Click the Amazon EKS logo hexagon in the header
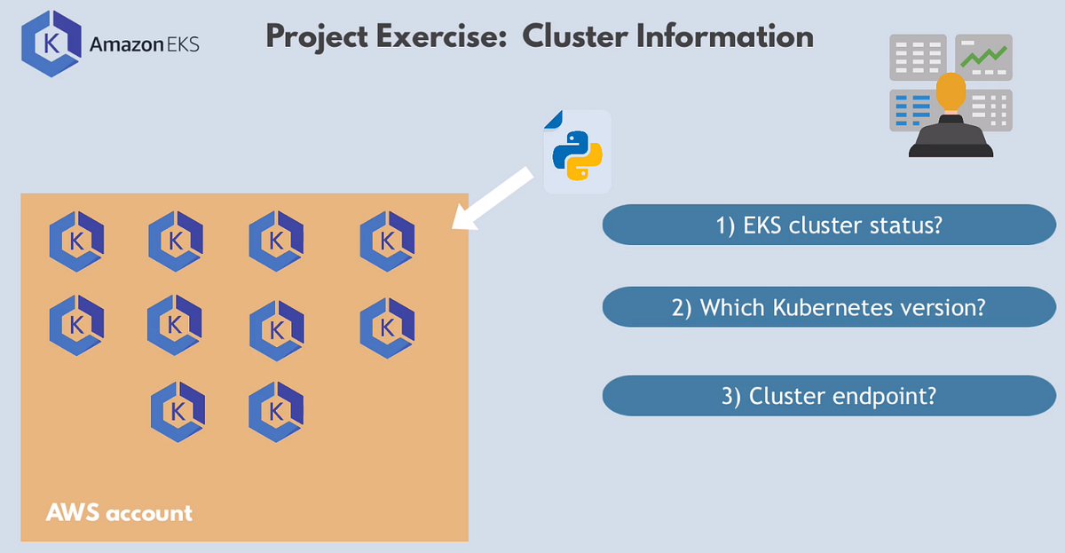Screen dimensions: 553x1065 [x=50, y=43]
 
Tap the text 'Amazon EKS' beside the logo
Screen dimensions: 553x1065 [x=145, y=43]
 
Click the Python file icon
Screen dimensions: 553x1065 [x=577, y=151]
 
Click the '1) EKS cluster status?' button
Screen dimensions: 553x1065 [x=828, y=225]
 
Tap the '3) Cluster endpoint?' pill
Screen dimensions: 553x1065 [x=828, y=396]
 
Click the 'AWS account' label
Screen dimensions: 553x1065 [x=119, y=513]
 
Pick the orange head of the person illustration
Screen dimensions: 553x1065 [x=951, y=92]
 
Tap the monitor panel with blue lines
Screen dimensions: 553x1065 [x=911, y=109]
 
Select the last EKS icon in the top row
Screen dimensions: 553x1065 [x=387, y=241]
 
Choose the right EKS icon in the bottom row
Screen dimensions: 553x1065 [x=277, y=411]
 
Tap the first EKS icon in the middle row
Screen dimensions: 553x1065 [x=76, y=325]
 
